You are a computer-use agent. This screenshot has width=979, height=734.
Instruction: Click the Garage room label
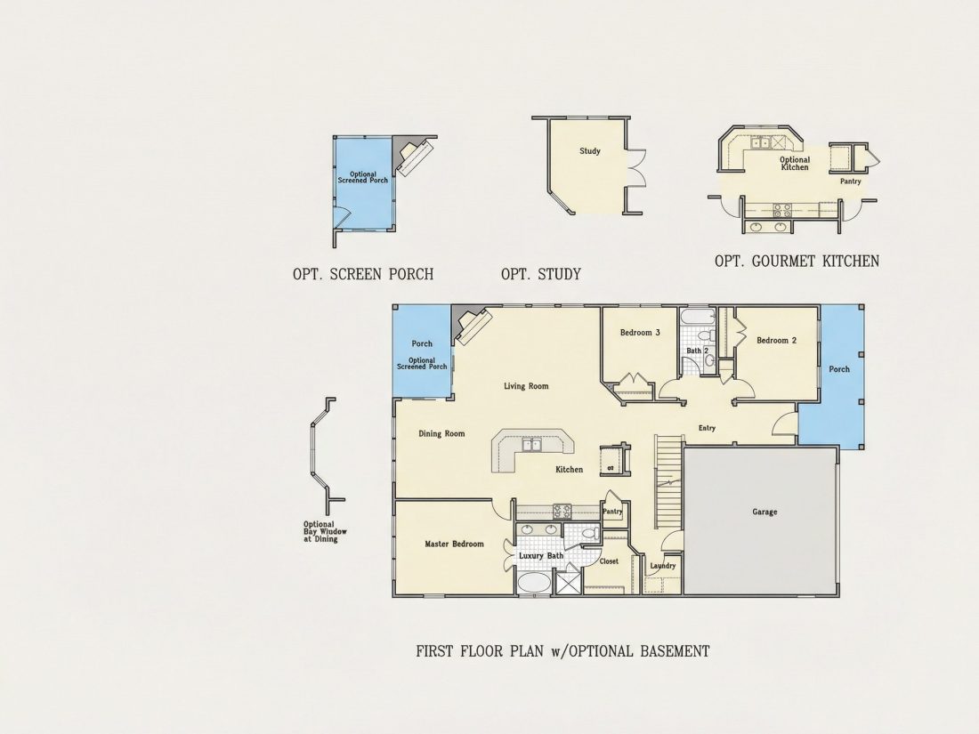pyautogui.click(x=765, y=512)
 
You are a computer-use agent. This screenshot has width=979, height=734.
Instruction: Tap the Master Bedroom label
pyautogui.click(x=454, y=544)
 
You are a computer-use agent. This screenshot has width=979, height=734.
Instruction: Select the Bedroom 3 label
pyautogui.click(x=640, y=333)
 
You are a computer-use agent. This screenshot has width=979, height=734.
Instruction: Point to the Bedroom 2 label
pyautogui.click(x=776, y=340)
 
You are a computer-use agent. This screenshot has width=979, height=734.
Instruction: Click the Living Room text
pyautogui.click(x=526, y=386)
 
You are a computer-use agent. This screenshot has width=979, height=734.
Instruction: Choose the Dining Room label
pyautogui.click(x=441, y=434)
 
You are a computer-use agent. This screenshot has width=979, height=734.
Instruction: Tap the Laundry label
pyautogui.click(x=662, y=566)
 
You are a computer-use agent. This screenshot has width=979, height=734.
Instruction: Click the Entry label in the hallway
pyautogui.click(x=707, y=428)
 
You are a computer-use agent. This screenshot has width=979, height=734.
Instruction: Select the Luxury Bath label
pyautogui.click(x=541, y=555)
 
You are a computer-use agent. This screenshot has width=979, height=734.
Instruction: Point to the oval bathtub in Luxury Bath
pyautogui.click(x=535, y=584)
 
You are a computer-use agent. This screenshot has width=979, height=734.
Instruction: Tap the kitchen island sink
pyautogui.click(x=532, y=444)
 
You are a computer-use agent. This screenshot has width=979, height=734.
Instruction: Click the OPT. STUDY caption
pyautogui.click(x=541, y=274)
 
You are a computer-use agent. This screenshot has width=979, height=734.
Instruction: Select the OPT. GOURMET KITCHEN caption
pyautogui.click(x=797, y=261)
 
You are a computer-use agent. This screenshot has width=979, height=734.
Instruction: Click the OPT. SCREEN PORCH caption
pyautogui.click(x=363, y=274)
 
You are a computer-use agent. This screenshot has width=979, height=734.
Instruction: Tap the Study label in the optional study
pyautogui.click(x=589, y=151)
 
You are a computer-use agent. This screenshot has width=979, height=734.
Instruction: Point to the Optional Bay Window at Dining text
pyautogui.click(x=325, y=532)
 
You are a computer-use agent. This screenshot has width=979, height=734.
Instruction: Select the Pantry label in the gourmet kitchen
pyautogui.click(x=850, y=181)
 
